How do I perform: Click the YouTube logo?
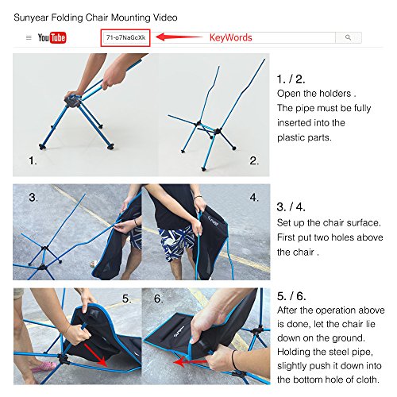click(52, 37)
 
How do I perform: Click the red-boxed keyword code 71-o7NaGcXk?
click(125, 37)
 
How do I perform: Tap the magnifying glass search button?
click(349, 37)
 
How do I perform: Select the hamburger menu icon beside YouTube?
click(29, 38)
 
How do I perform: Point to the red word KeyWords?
click(231, 37)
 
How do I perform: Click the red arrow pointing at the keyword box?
click(179, 37)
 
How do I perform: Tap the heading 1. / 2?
click(291, 79)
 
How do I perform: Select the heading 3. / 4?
click(291, 206)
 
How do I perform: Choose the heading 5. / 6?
click(291, 296)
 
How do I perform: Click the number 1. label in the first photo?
click(33, 160)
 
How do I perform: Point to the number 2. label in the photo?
click(254, 160)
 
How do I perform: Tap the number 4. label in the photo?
click(254, 197)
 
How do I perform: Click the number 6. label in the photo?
click(158, 299)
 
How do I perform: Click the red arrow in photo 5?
click(96, 355)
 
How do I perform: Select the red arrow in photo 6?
click(191, 362)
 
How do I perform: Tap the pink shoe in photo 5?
click(44, 367)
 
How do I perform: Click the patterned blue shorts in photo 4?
click(177, 242)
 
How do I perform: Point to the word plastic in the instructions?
click(290, 137)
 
